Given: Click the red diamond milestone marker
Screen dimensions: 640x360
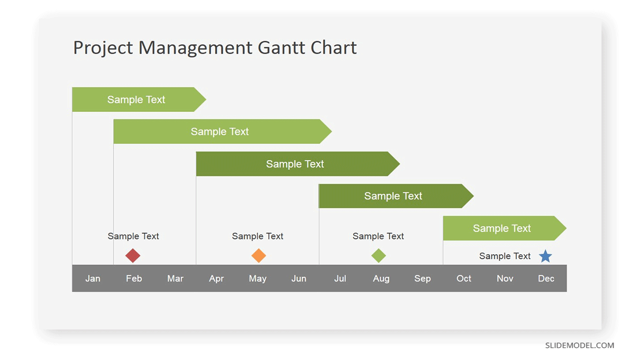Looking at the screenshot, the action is click(x=133, y=255).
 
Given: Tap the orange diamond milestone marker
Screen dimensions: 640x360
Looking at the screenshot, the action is click(x=258, y=255).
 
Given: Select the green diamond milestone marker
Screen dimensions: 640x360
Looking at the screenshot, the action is click(x=378, y=255).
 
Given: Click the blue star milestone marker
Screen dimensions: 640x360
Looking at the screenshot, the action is click(x=545, y=256).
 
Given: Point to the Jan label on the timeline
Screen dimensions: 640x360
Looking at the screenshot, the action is click(x=93, y=278).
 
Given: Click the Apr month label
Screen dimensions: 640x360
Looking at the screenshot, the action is click(x=216, y=278).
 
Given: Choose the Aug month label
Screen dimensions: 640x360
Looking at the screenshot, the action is click(x=381, y=278).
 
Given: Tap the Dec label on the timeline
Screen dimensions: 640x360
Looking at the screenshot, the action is click(x=546, y=278).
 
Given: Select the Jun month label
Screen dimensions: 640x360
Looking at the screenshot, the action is click(x=299, y=278).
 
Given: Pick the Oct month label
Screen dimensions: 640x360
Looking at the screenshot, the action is click(x=463, y=278).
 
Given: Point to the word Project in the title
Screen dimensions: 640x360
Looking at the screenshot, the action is click(x=103, y=48).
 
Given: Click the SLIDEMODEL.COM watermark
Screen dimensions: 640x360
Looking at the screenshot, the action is click(x=579, y=345).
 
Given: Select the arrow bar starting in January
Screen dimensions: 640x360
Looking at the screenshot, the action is click(x=139, y=99).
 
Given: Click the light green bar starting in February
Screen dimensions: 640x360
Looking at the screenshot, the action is click(x=222, y=131).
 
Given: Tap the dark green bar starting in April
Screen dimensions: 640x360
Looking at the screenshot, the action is click(x=298, y=163).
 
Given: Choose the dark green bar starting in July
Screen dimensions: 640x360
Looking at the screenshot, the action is click(x=396, y=196).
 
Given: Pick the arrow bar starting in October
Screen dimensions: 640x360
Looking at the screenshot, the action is click(x=505, y=228).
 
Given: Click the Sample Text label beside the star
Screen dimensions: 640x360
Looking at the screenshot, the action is click(x=505, y=256).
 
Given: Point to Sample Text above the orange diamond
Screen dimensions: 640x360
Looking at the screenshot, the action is click(x=257, y=236).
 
